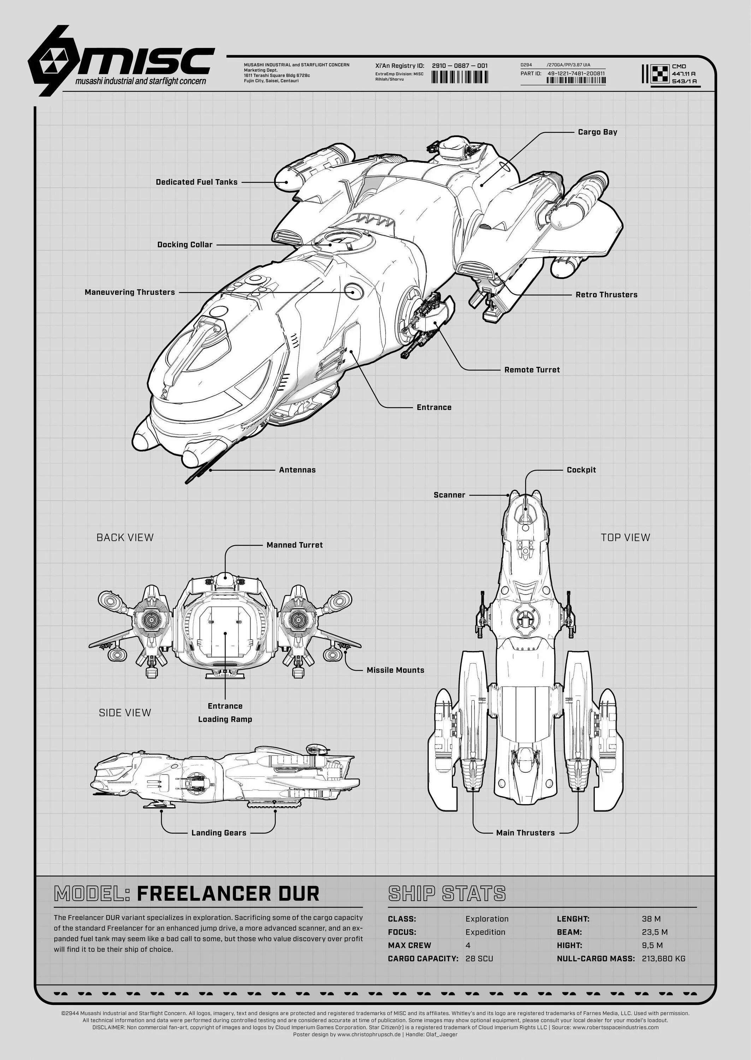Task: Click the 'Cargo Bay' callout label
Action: [x=597, y=132]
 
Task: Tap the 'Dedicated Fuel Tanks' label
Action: [x=196, y=182]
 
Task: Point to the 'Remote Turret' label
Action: [x=532, y=370]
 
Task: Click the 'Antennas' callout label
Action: [x=297, y=470]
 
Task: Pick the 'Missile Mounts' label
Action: [x=395, y=670]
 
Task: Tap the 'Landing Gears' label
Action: [x=219, y=833]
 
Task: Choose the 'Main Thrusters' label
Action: [x=525, y=833]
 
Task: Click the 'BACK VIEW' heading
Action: [x=125, y=537]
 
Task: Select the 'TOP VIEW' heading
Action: [x=625, y=537]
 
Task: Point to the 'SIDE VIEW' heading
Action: [x=125, y=713]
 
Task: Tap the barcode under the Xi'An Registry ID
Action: [x=459, y=77]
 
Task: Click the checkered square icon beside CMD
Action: [x=660, y=73]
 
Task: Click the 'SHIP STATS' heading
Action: [x=447, y=894]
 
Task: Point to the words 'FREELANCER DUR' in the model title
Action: [x=228, y=894]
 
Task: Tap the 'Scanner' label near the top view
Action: [x=449, y=495]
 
